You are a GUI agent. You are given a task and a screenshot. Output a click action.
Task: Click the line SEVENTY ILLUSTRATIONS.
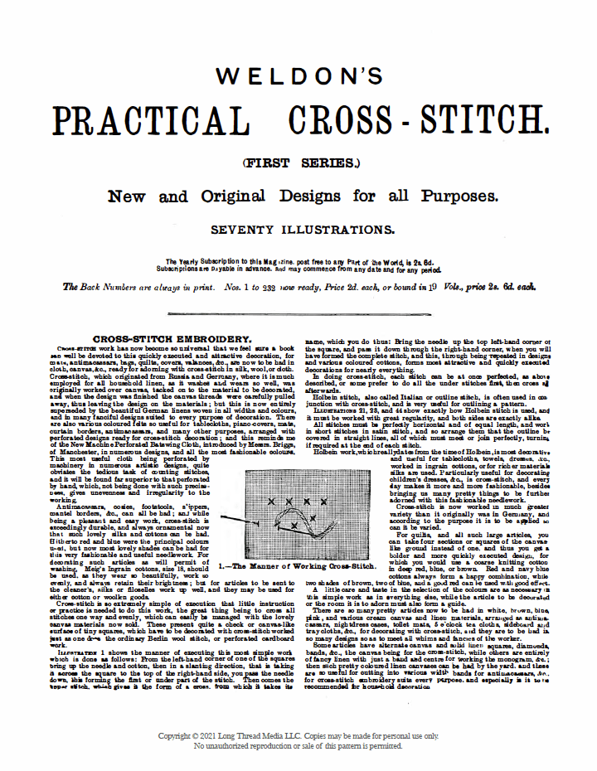point(298,229)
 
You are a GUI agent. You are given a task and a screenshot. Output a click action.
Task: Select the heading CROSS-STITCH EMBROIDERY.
point(172,339)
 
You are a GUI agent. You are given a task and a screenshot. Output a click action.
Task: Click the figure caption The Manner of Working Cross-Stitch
point(298,565)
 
